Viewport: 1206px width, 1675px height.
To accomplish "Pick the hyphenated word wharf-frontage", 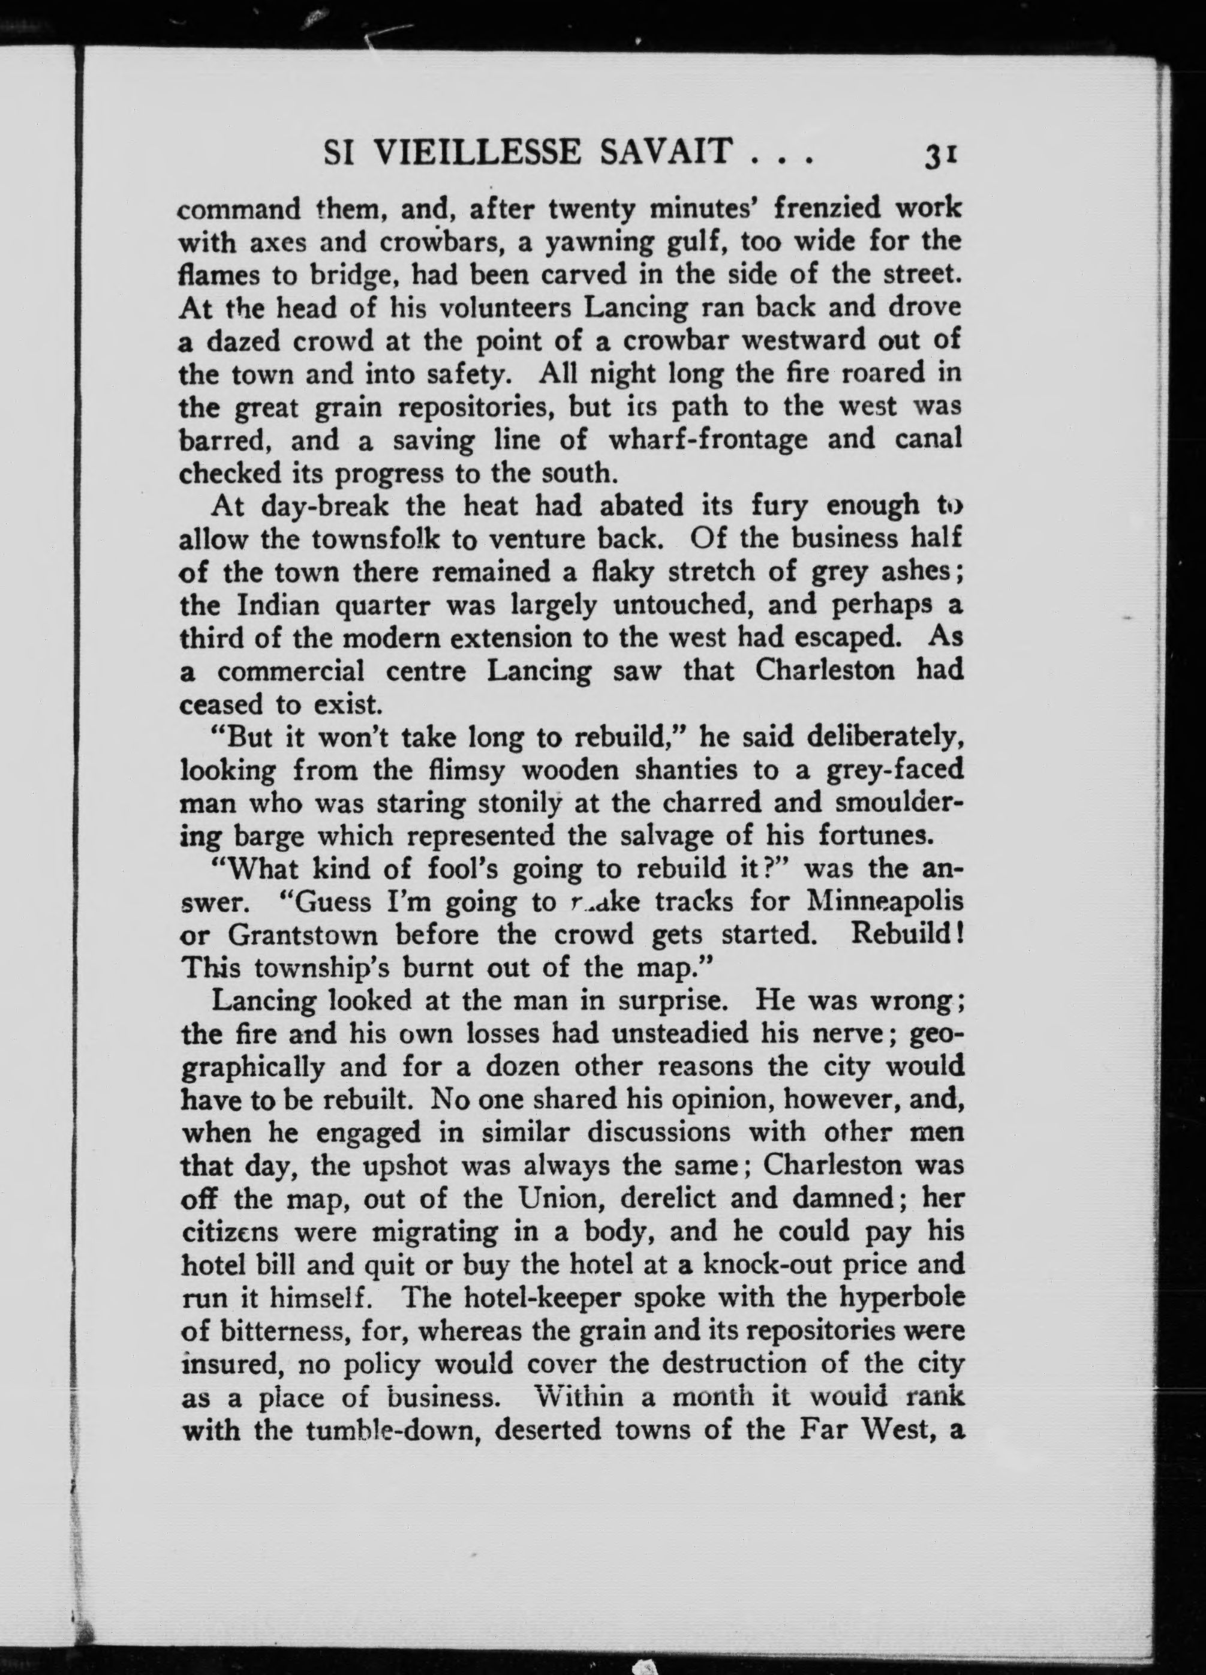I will (709, 440).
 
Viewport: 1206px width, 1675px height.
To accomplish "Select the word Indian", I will (278, 605).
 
